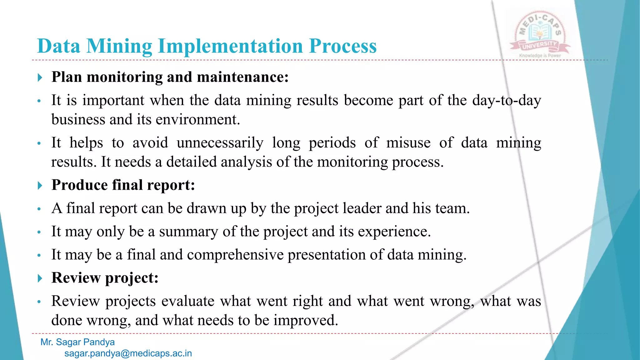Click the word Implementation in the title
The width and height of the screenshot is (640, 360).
[x=230, y=46]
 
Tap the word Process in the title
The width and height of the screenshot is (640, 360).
[x=342, y=46]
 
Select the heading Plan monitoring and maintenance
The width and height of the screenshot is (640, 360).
[x=170, y=77]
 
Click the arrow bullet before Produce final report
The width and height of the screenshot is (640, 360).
[x=40, y=186]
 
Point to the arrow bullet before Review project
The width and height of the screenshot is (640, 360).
[x=40, y=278]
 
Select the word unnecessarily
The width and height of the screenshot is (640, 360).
[x=220, y=143]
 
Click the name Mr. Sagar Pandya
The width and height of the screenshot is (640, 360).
[x=77, y=342]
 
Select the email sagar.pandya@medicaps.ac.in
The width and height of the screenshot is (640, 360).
[x=128, y=353]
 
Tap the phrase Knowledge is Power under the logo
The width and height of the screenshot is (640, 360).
[x=540, y=56]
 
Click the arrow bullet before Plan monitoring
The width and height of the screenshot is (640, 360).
[x=40, y=77]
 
